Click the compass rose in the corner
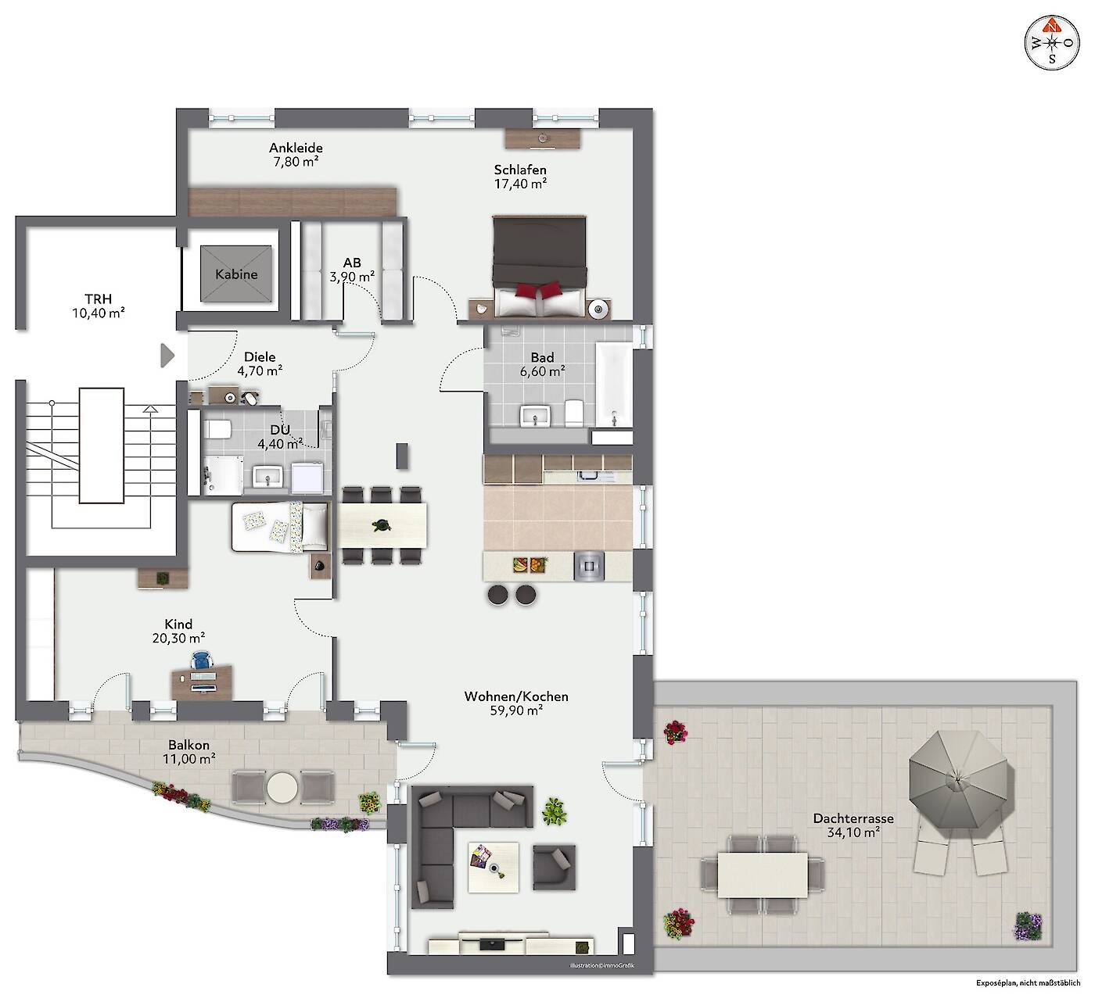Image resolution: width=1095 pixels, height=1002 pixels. (x=1052, y=43)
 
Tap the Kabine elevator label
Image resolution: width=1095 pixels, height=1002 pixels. (x=235, y=274)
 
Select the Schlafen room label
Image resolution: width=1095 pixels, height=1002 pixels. (x=519, y=170)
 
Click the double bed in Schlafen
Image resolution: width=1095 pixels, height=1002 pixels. (x=540, y=267)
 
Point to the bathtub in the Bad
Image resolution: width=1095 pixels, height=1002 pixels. (x=613, y=385)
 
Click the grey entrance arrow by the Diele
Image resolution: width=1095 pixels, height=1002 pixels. (x=167, y=356)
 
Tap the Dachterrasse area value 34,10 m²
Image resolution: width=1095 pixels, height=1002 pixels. (x=853, y=832)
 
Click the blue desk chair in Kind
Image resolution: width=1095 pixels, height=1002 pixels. (x=202, y=660)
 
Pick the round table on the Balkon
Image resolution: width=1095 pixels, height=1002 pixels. (x=282, y=787)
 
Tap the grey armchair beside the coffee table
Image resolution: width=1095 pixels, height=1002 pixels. (x=554, y=868)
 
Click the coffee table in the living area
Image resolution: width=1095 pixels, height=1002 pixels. (x=494, y=868)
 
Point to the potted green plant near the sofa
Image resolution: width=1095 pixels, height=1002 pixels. (x=554, y=811)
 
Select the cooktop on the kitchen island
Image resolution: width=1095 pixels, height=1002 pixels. (x=589, y=566)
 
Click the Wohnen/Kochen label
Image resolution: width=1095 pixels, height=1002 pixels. (x=516, y=696)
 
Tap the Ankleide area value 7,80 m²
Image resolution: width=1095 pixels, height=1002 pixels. (x=296, y=162)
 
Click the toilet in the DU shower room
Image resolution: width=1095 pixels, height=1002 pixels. (x=217, y=429)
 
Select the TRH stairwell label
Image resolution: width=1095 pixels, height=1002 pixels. (x=99, y=299)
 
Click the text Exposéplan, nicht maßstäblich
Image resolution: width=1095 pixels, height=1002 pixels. (x=1028, y=983)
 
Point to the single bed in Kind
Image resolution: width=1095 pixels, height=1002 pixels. (x=280, y=527)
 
